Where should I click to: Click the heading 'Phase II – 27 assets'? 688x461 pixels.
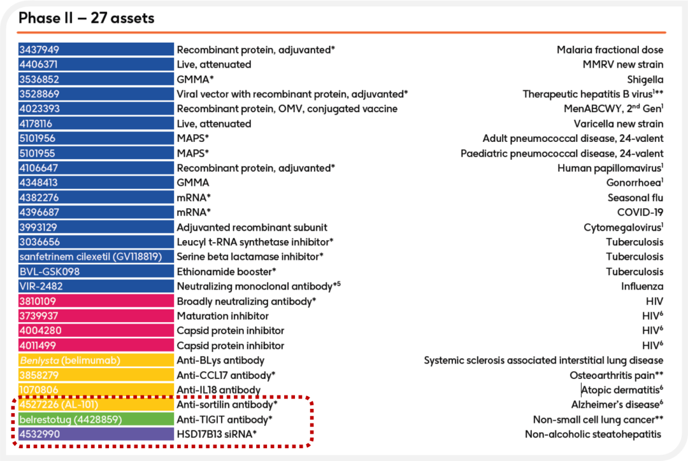point(87,18)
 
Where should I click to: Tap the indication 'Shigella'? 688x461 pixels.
point(645,80)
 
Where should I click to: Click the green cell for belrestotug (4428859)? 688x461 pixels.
point(96,420)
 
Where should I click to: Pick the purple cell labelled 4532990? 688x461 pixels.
point(96,434)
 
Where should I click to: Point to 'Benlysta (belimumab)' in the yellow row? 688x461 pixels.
point(70,360)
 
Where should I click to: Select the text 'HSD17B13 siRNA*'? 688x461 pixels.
point(217,434)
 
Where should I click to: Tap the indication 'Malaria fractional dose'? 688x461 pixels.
point(610,50)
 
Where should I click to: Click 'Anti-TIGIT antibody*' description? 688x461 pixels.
point(225,420)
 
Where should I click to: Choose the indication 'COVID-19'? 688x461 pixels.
point(640,212)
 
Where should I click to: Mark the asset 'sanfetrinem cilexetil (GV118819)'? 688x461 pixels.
point(91,257)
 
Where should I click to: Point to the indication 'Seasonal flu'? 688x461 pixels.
point(635,197)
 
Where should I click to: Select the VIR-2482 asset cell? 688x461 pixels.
point(96,287)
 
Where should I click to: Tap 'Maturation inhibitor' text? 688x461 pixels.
point(222,316)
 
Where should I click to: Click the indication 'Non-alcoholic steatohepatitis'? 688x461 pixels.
point(593,434)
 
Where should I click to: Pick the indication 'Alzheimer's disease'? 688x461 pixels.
point(615,404)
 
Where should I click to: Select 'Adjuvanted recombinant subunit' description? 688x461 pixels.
point(252,227)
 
